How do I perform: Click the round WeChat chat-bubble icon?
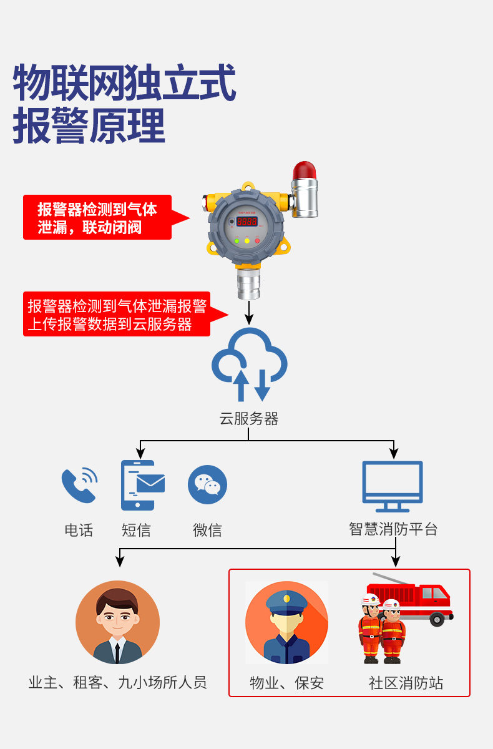coord(207,484)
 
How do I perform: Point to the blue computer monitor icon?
coord(393,486)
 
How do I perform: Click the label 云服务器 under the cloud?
coord(248,419)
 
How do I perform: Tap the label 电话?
coord(79,531)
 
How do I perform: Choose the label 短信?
coord(136,531)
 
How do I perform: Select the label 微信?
coord(207,531)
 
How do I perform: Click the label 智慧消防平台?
coord(393,529)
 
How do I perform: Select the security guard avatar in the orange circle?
coord(286,622)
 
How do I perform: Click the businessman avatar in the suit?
coord(117,622)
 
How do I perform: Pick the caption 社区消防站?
coord(406,683)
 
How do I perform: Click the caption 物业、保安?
coord(286,683)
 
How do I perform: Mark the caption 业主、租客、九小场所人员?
coord(117,682)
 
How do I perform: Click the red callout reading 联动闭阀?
coord(97,217)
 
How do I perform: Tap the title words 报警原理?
coord(89,125)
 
